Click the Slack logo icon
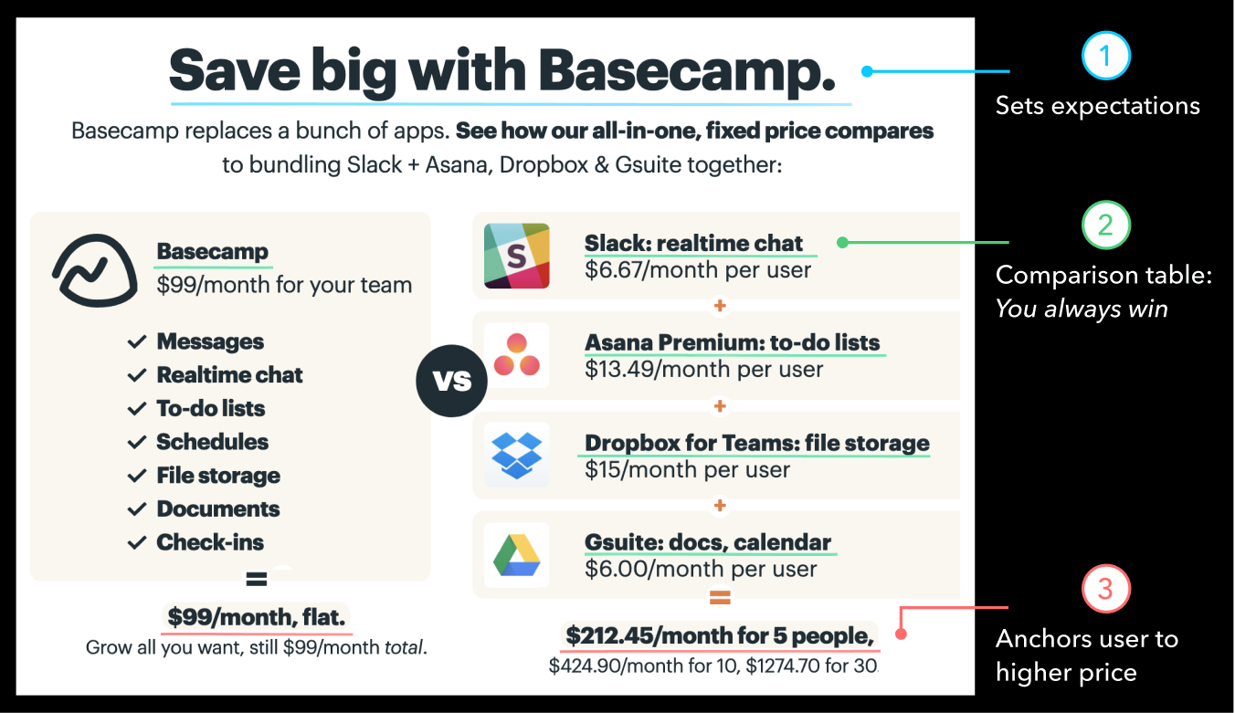[x=516, y=256]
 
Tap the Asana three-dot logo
[x=516, y=355]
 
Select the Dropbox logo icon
[x=516, y=454]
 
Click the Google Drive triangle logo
[x=516, y=554]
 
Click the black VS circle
[x=452, y=380]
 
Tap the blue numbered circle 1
[x=1105, y=56]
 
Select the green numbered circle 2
[x=1105, y=225]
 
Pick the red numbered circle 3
[x=1105, y=589]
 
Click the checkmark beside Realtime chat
[x=137, y=375]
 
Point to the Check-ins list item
[x=210, y=542]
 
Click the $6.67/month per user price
[x=698, y=270]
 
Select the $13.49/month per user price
[x=703, y=370]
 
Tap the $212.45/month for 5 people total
[x=720, y=634]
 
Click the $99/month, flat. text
[x=257, y=618]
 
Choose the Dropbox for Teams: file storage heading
[x=756, y=443]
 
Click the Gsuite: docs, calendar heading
[x=709, y=542]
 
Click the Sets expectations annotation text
[x=1097, y=106]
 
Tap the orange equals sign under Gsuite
[x=720, y=599]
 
